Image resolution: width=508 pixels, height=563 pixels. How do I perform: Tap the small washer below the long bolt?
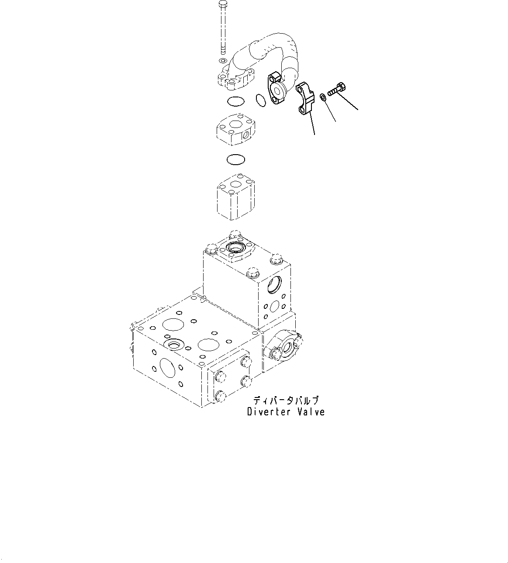222,60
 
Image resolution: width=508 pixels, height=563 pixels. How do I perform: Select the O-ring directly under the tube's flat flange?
236,101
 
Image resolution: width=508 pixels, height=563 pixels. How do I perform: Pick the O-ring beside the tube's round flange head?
261,100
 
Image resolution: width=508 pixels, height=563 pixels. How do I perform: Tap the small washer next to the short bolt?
322,97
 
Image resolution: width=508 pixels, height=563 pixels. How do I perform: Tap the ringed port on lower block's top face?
173,345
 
